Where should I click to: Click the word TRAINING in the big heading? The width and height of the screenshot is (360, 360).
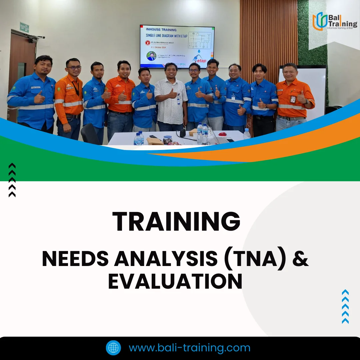(x=176, y=222)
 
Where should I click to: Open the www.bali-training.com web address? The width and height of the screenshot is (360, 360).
(x=189, y=348)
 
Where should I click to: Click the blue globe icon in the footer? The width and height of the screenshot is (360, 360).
(x=113, y=348)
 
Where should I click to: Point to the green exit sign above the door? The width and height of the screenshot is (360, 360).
(x=24, y=27)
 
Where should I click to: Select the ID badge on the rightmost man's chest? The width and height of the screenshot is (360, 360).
(x=293, y=99)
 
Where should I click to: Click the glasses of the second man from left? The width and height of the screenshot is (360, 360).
(x=74, y=68)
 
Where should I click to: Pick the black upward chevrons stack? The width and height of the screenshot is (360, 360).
(x=12, y=180)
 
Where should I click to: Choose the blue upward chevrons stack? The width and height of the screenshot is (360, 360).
(x=345, y=307)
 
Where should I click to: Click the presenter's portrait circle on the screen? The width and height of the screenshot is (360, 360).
(x=152, y=56)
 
